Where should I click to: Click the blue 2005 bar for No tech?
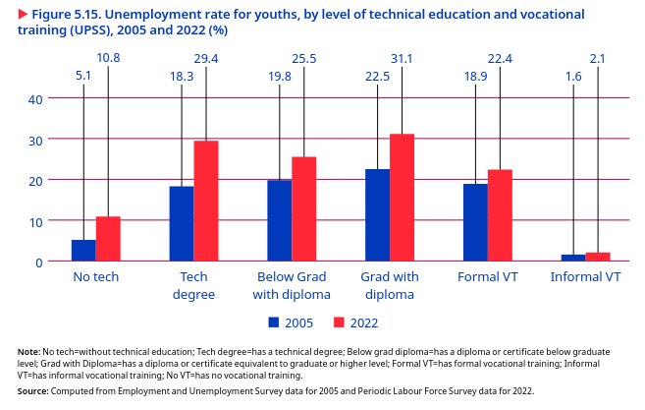click(83, 251)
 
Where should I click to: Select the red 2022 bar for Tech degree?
click(206, 202)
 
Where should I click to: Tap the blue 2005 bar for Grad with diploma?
click(377, 215)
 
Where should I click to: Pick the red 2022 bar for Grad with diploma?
click(402, 198)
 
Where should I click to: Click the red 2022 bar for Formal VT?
click(500, 215)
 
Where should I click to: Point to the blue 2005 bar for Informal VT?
click(573, 258)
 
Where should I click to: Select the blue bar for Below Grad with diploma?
click(279, 221)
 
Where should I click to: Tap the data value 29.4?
click(206, 59)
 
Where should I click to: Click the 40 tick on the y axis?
click(35, 98)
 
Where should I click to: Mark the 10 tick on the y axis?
click(35, 221)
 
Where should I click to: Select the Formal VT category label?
click(488, 277)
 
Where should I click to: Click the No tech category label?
click(96, 277)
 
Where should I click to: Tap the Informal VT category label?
click(586, 277)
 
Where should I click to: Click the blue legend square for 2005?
click(274, 322)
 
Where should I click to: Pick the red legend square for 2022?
click(339, 322)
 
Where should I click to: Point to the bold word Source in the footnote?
click(32, 390)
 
